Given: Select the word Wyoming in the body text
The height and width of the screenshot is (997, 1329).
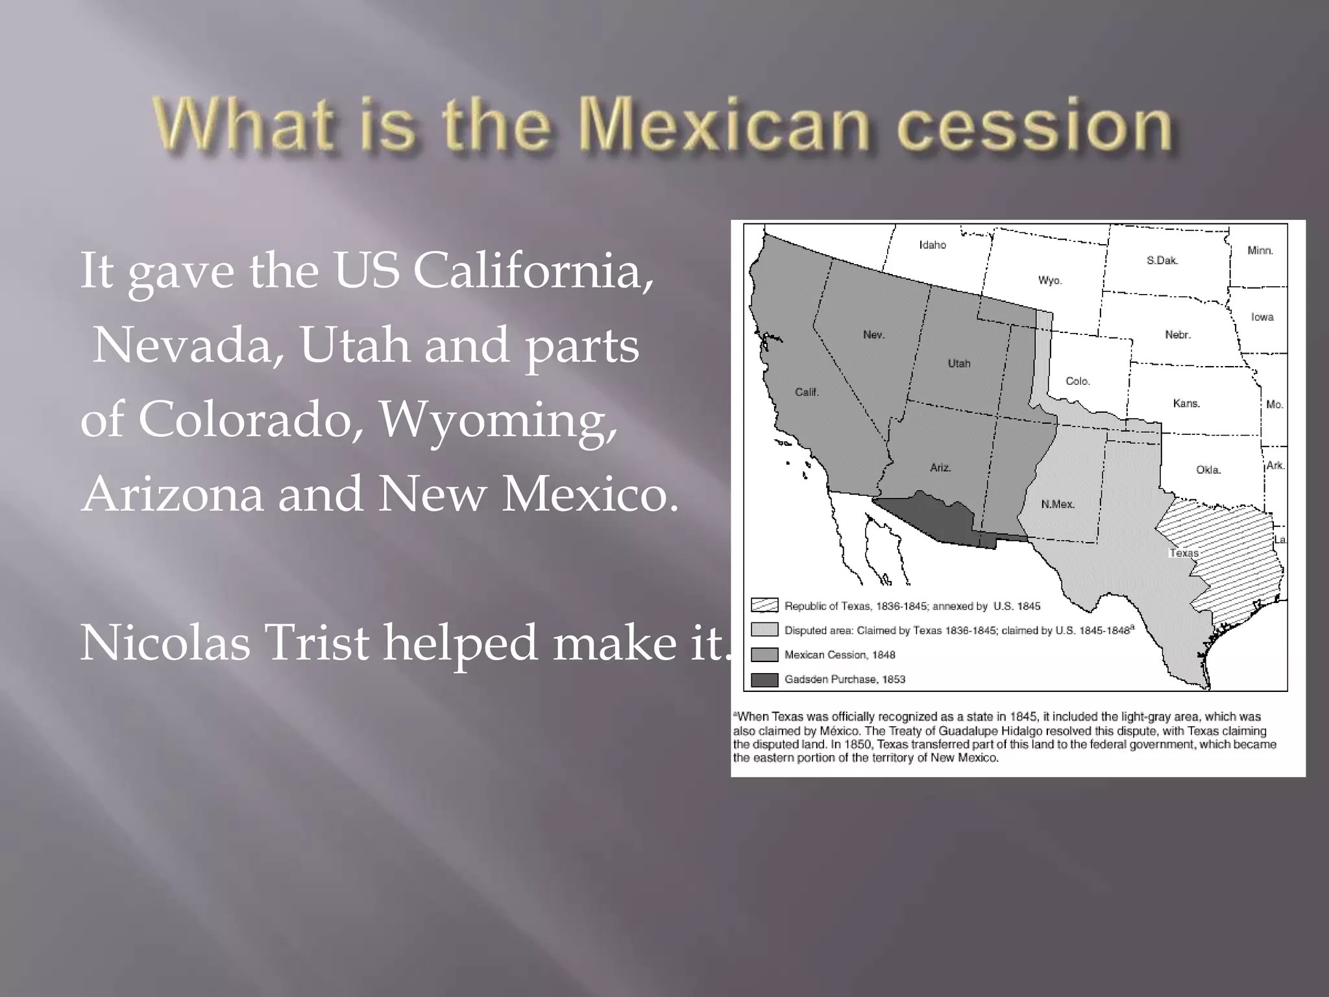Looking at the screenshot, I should coord(498,419).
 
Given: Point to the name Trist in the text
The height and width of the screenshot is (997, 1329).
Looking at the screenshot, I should coord(317,643).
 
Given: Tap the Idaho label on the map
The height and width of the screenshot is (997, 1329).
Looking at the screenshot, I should coord(933,245).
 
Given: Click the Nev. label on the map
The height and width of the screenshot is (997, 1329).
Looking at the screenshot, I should coord(873,334).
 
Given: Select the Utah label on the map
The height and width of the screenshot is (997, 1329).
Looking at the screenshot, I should coord(958,363).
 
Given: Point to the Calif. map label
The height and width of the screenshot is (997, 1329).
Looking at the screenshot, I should coord(807,392).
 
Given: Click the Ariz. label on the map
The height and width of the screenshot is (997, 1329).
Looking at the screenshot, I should coord(940,467).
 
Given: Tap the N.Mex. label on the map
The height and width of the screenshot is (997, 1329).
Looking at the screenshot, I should coord(1058,504).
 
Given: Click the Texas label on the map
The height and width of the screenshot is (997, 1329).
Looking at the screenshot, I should coord(1184,553).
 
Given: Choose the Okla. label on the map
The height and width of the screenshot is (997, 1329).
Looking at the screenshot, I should coord(1208,470).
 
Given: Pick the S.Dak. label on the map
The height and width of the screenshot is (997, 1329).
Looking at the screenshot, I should coord(1162,260).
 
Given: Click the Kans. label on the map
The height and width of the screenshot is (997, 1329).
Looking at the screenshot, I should coord(1186,403).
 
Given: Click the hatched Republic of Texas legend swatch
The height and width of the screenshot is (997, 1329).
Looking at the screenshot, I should coord(764,605).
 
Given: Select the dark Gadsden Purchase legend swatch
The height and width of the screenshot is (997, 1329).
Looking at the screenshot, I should coord(764,680).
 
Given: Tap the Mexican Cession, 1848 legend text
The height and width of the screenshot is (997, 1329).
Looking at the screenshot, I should coord(839,655).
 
